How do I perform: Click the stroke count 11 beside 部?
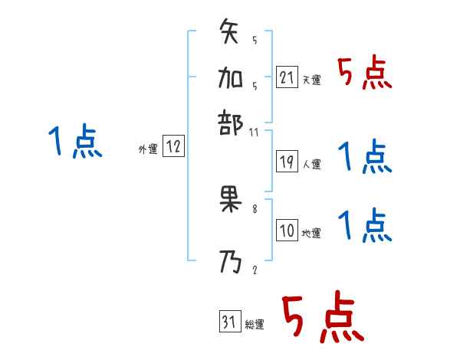tap(255, 132)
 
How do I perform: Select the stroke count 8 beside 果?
tap(255, 208)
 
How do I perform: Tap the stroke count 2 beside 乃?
tap(255, 270)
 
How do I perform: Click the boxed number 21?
tap(286, 77)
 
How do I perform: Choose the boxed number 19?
tap(286, 162)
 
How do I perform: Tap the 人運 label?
tap(311, 164)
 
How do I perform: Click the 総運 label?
tap(255, 325)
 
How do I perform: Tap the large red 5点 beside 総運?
tap(322, 319)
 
